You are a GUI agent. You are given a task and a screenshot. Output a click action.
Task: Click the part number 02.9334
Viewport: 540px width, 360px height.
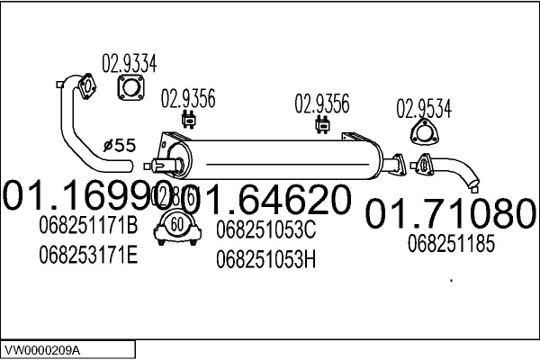point(130,63)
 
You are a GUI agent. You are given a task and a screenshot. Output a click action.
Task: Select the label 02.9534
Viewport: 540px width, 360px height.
point(425,109)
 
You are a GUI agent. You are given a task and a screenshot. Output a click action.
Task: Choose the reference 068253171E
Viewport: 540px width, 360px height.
point(88,256)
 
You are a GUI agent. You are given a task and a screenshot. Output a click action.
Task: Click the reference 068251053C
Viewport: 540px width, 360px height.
point(266,230)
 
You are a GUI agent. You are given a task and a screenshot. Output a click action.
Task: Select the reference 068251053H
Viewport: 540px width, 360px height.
point(266,260)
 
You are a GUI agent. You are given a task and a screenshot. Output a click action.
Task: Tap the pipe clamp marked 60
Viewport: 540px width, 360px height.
point(176,228)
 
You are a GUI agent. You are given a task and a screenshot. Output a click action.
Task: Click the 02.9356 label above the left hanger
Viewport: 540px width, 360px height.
point(188,99)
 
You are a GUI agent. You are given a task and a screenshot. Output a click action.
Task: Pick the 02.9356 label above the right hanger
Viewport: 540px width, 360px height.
point(321,104)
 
